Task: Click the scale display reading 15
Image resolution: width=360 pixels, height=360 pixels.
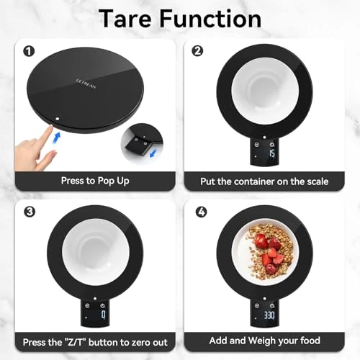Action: [x=271, y=153]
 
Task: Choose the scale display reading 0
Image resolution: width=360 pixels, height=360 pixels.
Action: [x=103, y=315]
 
